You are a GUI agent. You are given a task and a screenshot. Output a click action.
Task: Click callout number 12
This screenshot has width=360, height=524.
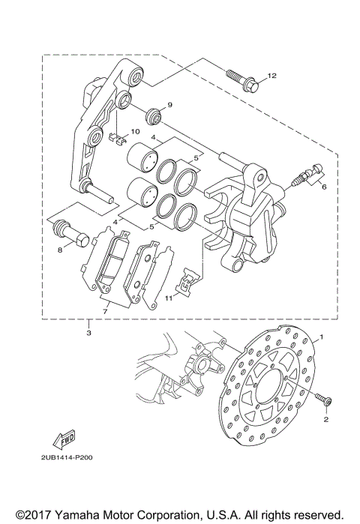tap(271, 76)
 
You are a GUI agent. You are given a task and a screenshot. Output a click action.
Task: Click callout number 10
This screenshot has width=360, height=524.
tap(136, 132)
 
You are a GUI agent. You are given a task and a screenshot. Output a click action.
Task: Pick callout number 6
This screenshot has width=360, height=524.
tap(323, 190)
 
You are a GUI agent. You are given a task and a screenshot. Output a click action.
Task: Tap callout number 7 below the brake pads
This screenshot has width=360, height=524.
tap(106, 309)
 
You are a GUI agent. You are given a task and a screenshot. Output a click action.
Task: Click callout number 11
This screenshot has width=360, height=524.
tap(167, 298)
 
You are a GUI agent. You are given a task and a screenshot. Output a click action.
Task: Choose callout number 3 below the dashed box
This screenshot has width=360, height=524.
tap(89, 332)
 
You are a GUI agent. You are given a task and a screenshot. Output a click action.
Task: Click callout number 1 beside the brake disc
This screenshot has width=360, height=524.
tap(322, 338)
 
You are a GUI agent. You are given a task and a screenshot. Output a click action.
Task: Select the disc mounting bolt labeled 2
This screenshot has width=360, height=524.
tap(323, 403)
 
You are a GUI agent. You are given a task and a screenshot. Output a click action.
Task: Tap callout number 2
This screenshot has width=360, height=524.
tap(325, 420)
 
